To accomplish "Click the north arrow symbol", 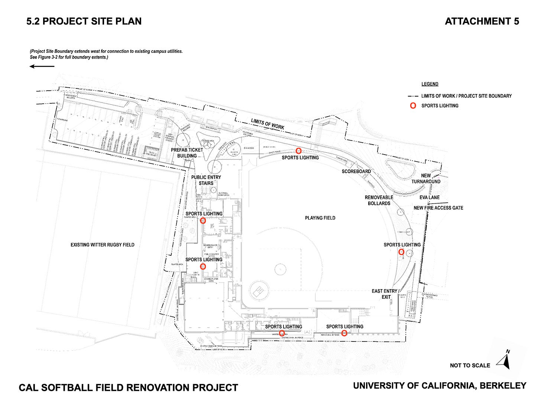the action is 504,360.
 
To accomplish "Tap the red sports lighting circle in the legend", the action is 412,106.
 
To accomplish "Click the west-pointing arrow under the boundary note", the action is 42,67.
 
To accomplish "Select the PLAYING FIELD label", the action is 320,218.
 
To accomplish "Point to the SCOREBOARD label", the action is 356,171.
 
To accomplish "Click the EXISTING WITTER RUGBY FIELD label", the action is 103,245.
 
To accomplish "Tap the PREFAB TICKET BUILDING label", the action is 187,153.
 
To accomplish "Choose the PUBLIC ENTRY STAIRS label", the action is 206,180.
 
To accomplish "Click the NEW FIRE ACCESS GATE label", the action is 438,208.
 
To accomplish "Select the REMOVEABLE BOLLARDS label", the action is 379,200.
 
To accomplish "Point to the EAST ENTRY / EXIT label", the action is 386,294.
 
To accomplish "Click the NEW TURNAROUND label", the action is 426,178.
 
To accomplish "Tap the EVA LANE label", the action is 429,197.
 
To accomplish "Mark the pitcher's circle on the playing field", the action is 280,268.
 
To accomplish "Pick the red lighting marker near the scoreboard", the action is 298,151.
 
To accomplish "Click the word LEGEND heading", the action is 430,84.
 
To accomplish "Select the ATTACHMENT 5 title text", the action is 482,21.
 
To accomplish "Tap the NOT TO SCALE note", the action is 470,365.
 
